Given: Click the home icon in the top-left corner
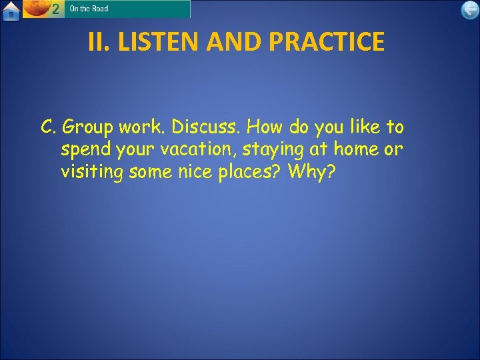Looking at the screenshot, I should pyautogui.click(x=11, y=11).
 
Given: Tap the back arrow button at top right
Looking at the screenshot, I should pyautogui.click(x=469, y=10).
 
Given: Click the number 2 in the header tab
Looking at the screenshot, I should pyautogui.click(x=56, y=9).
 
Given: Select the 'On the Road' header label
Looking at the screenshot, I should pyautogui.click(x=89, y=9).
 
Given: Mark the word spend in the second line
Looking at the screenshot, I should pyautogui.click(x=85, y=150).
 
